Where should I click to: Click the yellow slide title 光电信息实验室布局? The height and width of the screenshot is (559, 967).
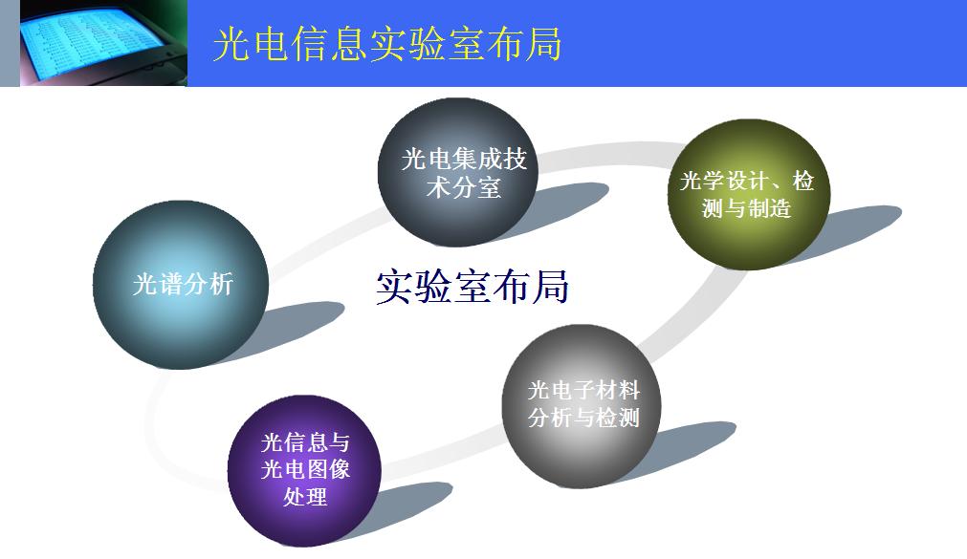click(386, 44)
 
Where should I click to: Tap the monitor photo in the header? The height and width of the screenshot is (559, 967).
click(103, 43)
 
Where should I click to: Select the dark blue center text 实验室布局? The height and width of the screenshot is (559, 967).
click(473, 287)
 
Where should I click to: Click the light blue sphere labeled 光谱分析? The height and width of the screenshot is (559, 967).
click(181, 285)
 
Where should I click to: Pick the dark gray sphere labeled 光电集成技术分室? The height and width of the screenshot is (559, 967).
click(457, 173)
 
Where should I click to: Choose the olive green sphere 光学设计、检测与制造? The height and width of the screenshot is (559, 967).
click(749, 195)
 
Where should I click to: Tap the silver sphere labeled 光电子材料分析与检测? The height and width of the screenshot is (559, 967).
click(582, 406)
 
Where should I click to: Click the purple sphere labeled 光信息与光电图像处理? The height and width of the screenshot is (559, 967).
click(305, 471)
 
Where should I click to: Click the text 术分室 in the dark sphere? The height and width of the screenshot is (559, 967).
click(463, 187)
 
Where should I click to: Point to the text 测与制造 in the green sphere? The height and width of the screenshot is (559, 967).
click(746, 208)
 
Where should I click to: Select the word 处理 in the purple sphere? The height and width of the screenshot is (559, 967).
click(305, 496)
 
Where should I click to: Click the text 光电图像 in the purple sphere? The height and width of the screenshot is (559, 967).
click(305, 469)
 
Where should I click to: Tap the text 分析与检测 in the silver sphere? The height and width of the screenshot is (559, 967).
click(583, 418)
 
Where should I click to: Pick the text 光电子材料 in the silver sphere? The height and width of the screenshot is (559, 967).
click(583, 390)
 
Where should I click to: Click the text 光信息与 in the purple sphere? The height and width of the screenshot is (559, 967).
click(305, 442)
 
